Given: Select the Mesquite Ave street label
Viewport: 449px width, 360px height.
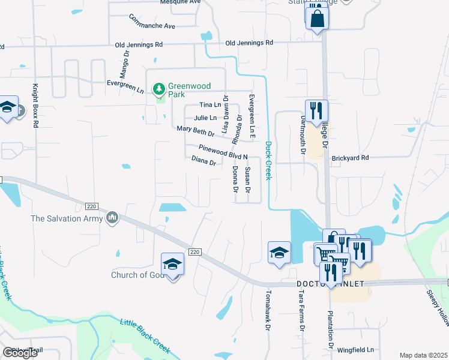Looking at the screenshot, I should [x=180, y=2].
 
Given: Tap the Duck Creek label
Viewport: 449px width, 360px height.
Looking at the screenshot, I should [x=268, y=160].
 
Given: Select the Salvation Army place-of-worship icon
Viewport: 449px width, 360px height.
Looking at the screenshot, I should [x=112, y=218].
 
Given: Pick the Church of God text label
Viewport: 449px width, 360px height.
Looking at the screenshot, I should [x=137, y=275].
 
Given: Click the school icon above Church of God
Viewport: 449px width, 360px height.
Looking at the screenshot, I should [x=172, y=263].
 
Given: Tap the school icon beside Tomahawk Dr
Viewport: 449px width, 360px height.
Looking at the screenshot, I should [x=279, y=253].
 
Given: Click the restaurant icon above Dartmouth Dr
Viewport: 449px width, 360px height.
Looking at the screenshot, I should [x=316, y=111].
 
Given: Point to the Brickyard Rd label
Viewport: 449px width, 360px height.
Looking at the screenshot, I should [x=350, y=158].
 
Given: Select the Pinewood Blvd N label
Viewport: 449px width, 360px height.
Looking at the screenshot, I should [x=224, y=152].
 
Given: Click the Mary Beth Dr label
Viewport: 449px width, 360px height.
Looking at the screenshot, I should [x=196, y=130].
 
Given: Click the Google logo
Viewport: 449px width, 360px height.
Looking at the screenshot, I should [x=20, y=352].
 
